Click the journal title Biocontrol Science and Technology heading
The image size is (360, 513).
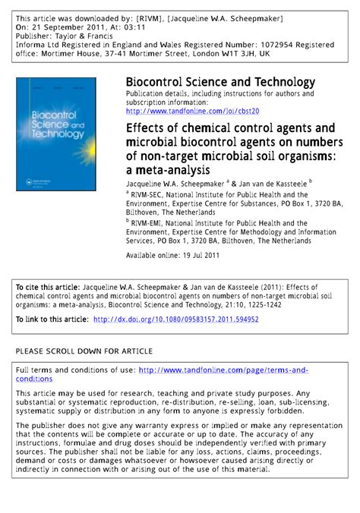[220, 82]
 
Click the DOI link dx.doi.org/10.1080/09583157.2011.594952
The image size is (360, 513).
[175, 319]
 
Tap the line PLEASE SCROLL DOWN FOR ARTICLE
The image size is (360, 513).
[84, 351]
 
